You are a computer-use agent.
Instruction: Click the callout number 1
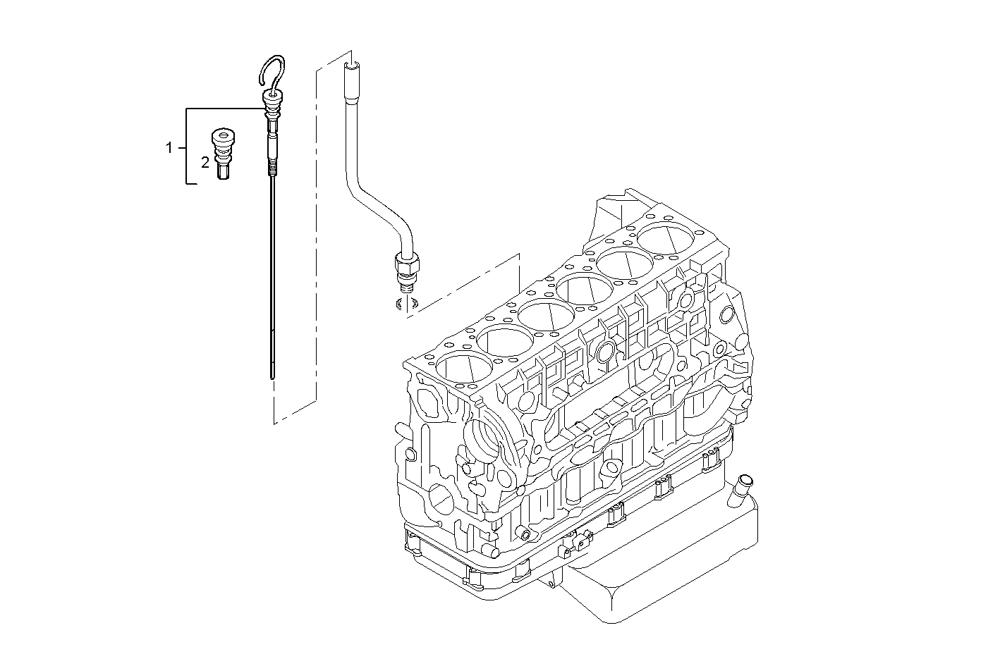[x=169, y=147]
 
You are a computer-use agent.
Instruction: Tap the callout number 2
[x=205, y=162]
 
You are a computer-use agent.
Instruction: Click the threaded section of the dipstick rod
[x=272, y=169]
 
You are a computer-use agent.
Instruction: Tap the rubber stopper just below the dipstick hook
[x=271, y=102]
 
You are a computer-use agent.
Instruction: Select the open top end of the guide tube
[x=350, y=67]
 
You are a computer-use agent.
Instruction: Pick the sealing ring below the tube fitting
[x=405, y=304]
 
